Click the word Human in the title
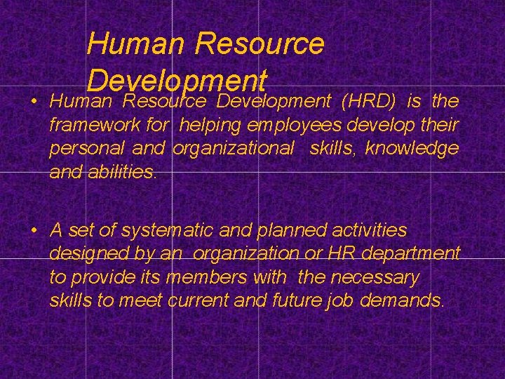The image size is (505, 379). (135, 44)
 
